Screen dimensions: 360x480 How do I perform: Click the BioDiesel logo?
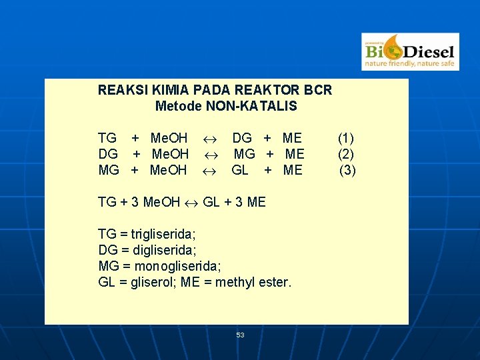pyautogui.click(x=410, y=51)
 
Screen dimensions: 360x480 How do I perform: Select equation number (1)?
pyautogui.click(x=346, y=139)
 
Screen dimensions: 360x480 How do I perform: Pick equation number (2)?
pyautogui.click(x=346, y=154)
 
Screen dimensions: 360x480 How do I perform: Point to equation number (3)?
pyautogui.click(x=348, y=170)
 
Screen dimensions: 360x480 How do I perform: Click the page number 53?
pyautogui.click(x=240, y=335)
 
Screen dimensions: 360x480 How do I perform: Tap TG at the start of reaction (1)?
pyautogui.click(x=107, y=139)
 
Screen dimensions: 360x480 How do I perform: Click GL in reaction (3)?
pyautogui.click(x=240, y=170)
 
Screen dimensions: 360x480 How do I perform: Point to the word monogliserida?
pyautogui.click(x=177, y=266)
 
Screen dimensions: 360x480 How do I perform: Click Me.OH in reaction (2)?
pyautogui.click(x=170, y=154)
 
